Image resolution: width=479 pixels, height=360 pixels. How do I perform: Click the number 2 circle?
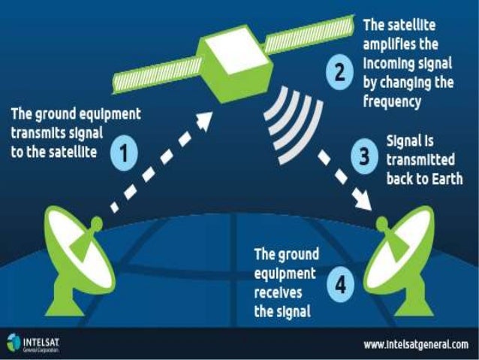click(339, 74)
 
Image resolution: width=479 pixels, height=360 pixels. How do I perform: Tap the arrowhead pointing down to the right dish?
click(367, 201)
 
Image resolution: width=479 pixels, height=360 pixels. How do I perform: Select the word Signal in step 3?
click(406, 141)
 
